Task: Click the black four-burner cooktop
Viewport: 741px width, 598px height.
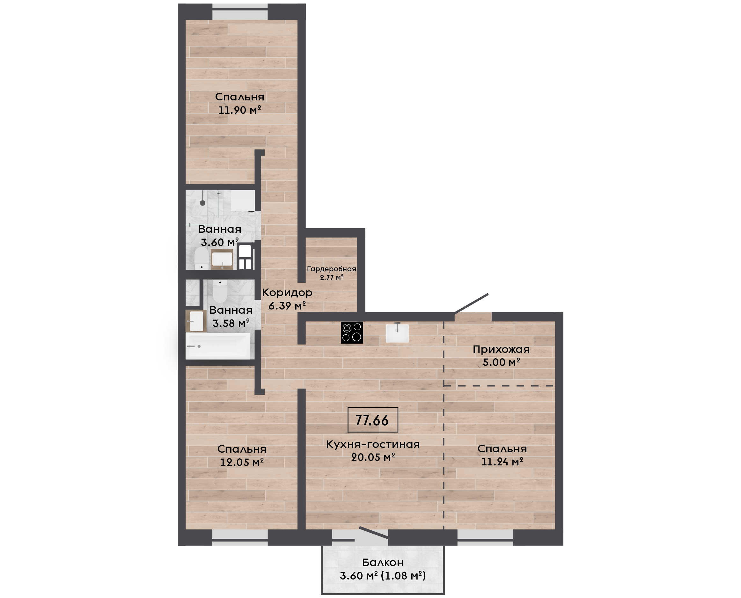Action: pos(352,332)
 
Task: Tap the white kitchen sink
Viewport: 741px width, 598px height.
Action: pos(397,333)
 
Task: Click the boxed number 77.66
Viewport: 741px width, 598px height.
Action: pos(373,420)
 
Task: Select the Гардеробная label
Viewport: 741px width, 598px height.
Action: pos(331,269)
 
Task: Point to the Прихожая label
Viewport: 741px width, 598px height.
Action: pos(501,350)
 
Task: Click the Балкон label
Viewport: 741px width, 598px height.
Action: pos(383,563)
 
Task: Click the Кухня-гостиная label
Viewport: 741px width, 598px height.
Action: pos(373,444)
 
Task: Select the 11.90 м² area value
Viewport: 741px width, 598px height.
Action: pos(240,110)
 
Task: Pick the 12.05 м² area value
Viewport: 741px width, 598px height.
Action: pos(242,462)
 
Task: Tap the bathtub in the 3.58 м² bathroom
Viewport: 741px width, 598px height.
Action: pos(218,346)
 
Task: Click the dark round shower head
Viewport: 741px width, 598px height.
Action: pos(202,203)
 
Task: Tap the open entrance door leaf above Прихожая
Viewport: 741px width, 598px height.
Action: pos(471,303)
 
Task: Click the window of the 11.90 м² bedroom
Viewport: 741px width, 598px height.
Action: pos(240,12)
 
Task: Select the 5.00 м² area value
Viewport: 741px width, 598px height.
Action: pos(501,362)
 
